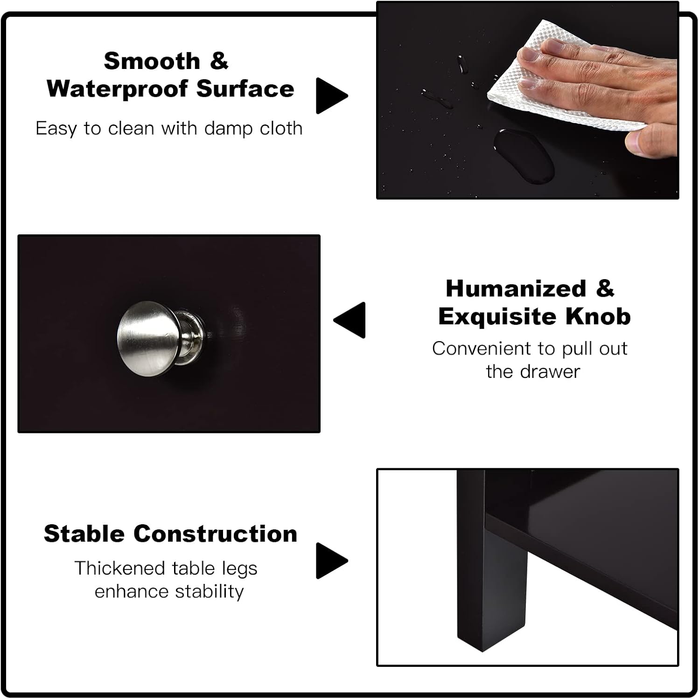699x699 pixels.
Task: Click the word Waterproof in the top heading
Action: (x=119, y=89)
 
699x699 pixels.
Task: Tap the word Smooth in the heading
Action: (x=152, y=61)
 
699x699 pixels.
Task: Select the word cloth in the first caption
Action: (x=281, y=128)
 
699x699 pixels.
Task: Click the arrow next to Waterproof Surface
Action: (x=332, y=96)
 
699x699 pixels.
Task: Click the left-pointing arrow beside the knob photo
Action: (x=349, y=320)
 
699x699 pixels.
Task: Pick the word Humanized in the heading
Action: (x=516, y=288)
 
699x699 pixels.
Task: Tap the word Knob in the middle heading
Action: (x=598, y=316)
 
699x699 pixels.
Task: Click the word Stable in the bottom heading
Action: (x=84, y=534)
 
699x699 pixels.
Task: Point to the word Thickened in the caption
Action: (x=120, y=568)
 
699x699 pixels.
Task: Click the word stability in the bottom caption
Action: (x=210, y=591)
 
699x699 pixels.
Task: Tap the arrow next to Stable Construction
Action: (x=332, y=561)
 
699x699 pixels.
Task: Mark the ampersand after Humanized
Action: (x=605, y=288)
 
